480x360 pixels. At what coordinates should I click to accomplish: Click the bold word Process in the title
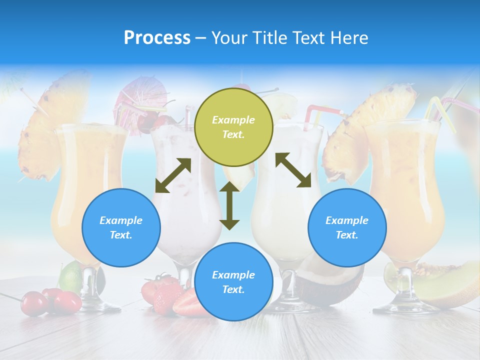click(x=157, y=38)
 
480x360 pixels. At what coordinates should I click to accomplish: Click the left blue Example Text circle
click(x=121, y=227)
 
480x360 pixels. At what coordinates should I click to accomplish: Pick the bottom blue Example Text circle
click(x=233, y=281)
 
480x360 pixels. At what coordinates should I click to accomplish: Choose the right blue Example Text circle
click(x=347, y=227)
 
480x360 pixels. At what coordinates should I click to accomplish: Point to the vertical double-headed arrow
click(x=229, y=205)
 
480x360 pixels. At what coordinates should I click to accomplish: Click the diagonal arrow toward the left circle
click(x=173, y=175)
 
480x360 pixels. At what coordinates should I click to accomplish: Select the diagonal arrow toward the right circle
click(x=293, y=170)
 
